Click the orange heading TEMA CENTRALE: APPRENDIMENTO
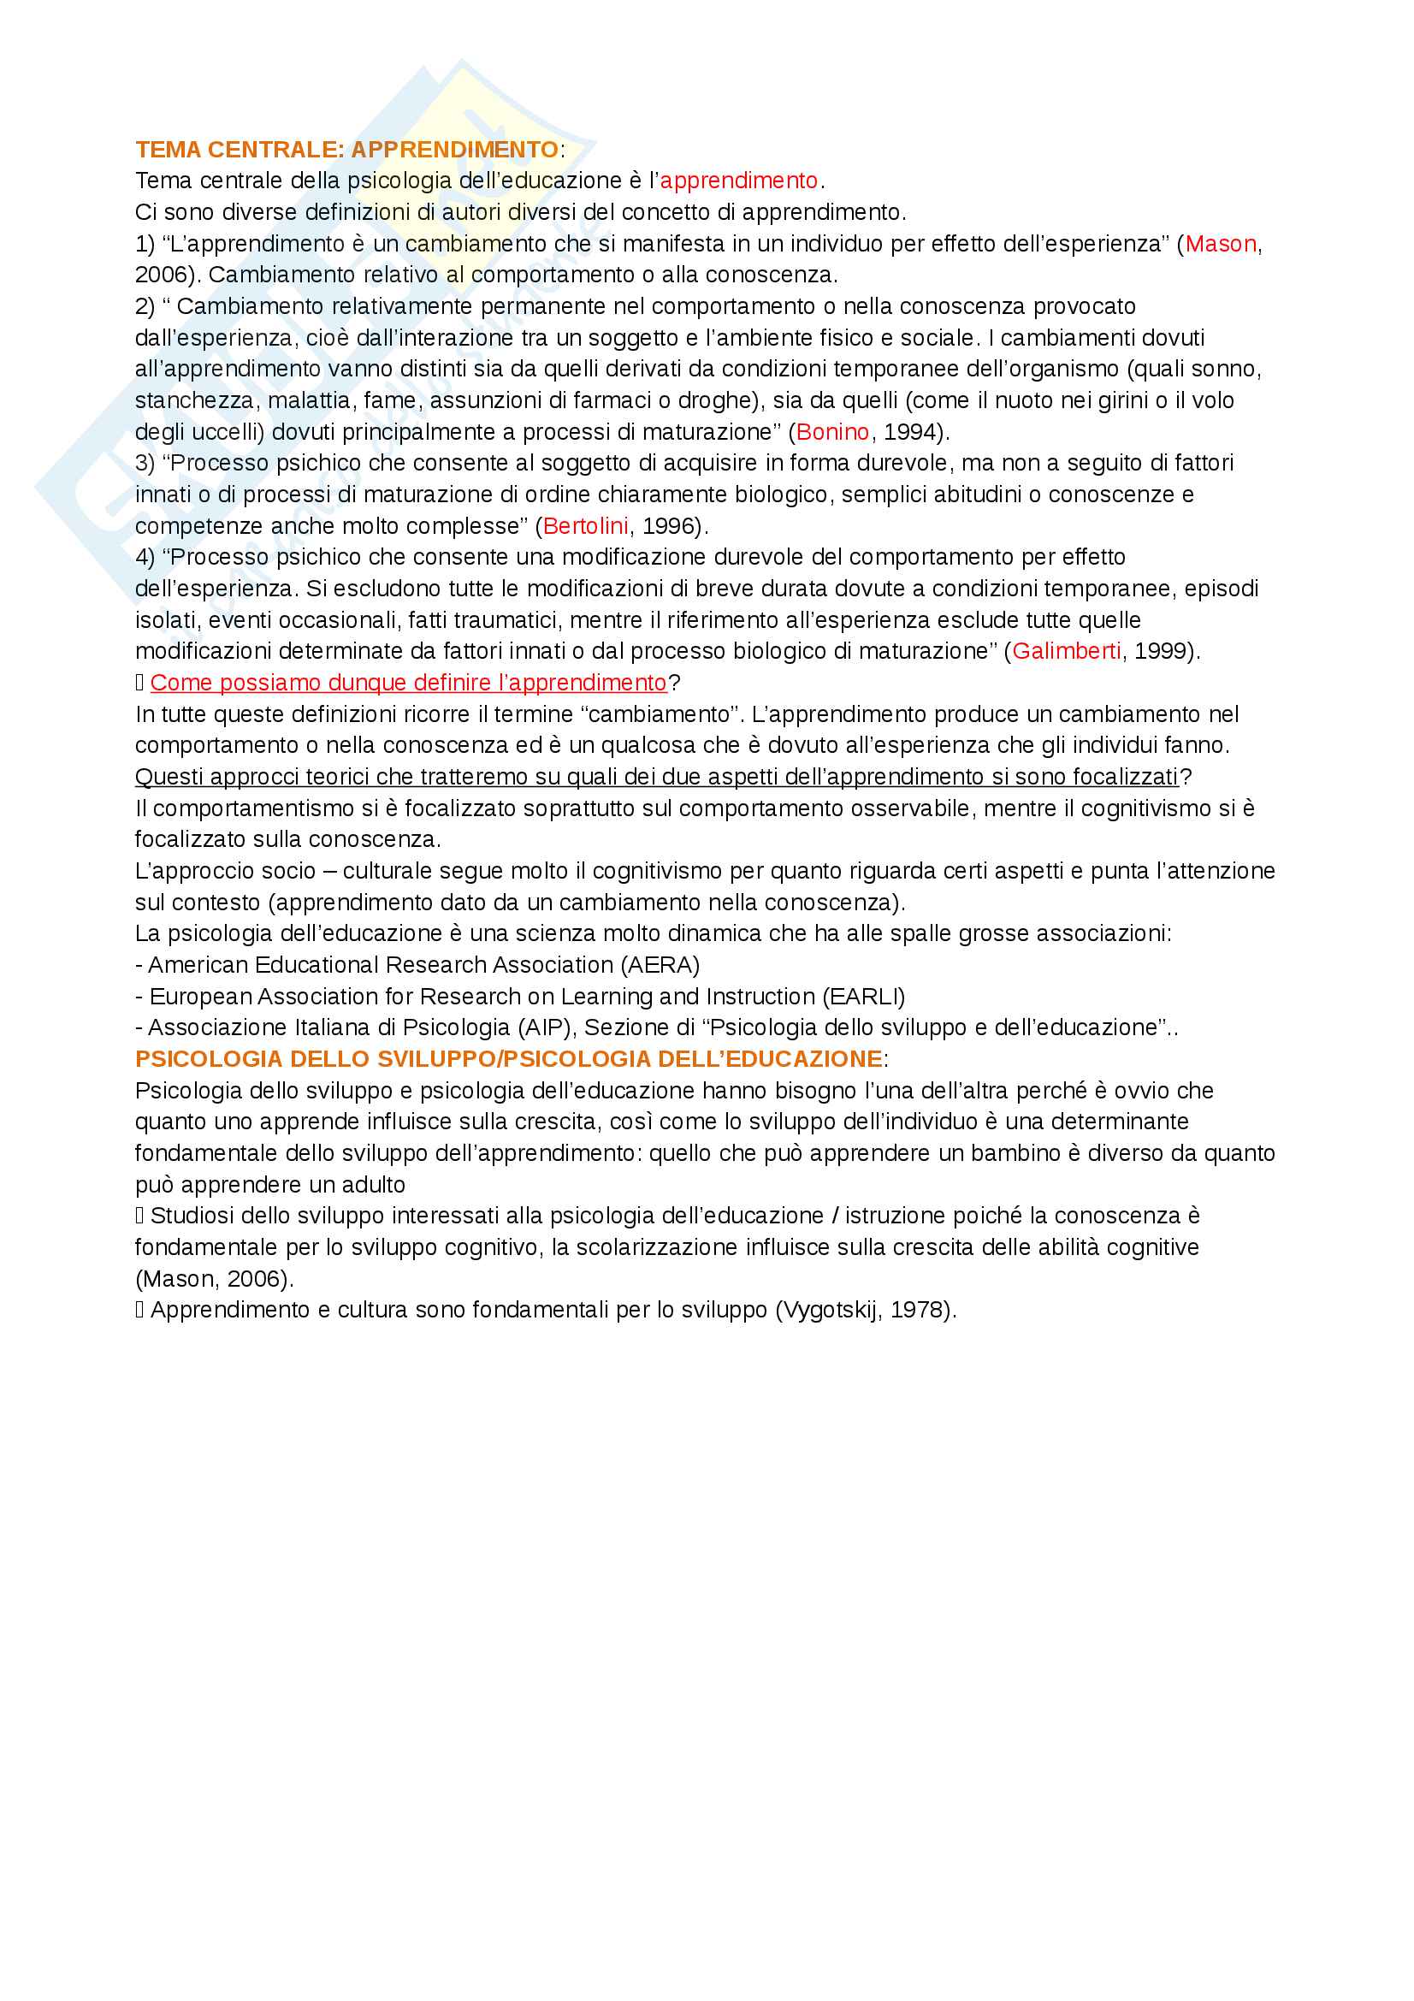346,150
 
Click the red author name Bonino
832,432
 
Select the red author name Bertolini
584,526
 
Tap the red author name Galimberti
1066,651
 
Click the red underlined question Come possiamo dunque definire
408,683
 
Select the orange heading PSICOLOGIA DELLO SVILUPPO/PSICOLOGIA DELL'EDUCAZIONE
509,1059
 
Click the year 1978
917,1310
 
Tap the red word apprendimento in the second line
739,181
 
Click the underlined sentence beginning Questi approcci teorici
656,777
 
